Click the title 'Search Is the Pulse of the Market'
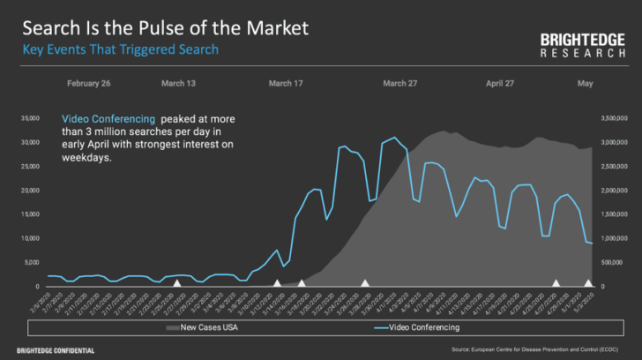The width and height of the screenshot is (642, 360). pyautogui.click(x=165, y=28)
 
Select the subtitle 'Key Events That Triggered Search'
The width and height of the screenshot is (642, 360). pyautogui.click(x=120, y=49)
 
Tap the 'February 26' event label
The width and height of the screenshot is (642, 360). pyautogui.click(x=88, y=84)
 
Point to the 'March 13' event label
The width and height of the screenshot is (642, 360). pyautogui.click(x=178, y=84)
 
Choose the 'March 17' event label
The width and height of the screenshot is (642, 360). pyautogui.click(x=286, y=84)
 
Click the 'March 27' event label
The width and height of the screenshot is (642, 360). pyautogui.click(x=400, y=84)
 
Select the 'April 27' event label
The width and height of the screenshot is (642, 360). pyautogui.click(x=500, y=84)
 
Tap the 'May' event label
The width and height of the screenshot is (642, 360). pyautogui.click(x=586, y=84)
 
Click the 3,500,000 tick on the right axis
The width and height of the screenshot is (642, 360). pyautogui.click(x=613, y=118)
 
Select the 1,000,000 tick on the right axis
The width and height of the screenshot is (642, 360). pyautogui.click(x=613, y=239)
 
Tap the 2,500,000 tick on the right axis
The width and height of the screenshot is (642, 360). pyautogui.click(x=613, y=167)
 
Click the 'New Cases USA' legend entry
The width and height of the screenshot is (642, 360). pyautogui.click(x=210, y=328)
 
